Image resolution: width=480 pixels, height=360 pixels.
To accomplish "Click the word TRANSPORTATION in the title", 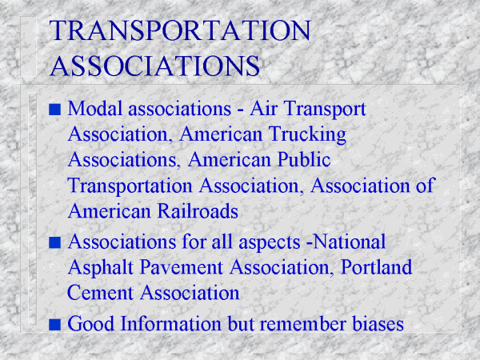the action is click(x=180, y=30).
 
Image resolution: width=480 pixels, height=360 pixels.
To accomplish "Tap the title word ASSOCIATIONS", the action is click(x=155, y=66).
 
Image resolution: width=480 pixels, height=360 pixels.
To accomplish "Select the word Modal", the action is click(x=95, y=108).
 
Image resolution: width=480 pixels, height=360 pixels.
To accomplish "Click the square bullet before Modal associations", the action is click(x=54, y=110).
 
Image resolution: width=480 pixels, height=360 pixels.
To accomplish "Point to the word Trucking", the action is click(x=308, y=135).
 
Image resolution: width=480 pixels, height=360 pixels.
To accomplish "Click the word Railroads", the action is click(x=198, y=211).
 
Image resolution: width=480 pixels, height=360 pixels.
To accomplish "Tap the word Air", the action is click(x=263, y=108).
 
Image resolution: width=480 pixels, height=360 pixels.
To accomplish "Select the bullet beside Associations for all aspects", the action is click(x=54, y=242).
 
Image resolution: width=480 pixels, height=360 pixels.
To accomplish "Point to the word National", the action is click(x=350, y=242).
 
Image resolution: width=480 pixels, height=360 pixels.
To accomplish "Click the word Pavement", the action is click(x=182, y=267).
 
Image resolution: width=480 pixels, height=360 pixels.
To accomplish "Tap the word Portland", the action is click(x=376, y=267).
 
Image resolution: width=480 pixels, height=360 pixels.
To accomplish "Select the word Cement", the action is click(x=100, y=293).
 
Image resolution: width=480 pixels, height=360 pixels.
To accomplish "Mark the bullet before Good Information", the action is click(x=54, y=325).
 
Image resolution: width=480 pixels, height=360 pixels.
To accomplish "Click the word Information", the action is click(x=171, y=323).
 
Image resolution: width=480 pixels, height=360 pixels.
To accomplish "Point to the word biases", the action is click(x=378, y=323).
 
